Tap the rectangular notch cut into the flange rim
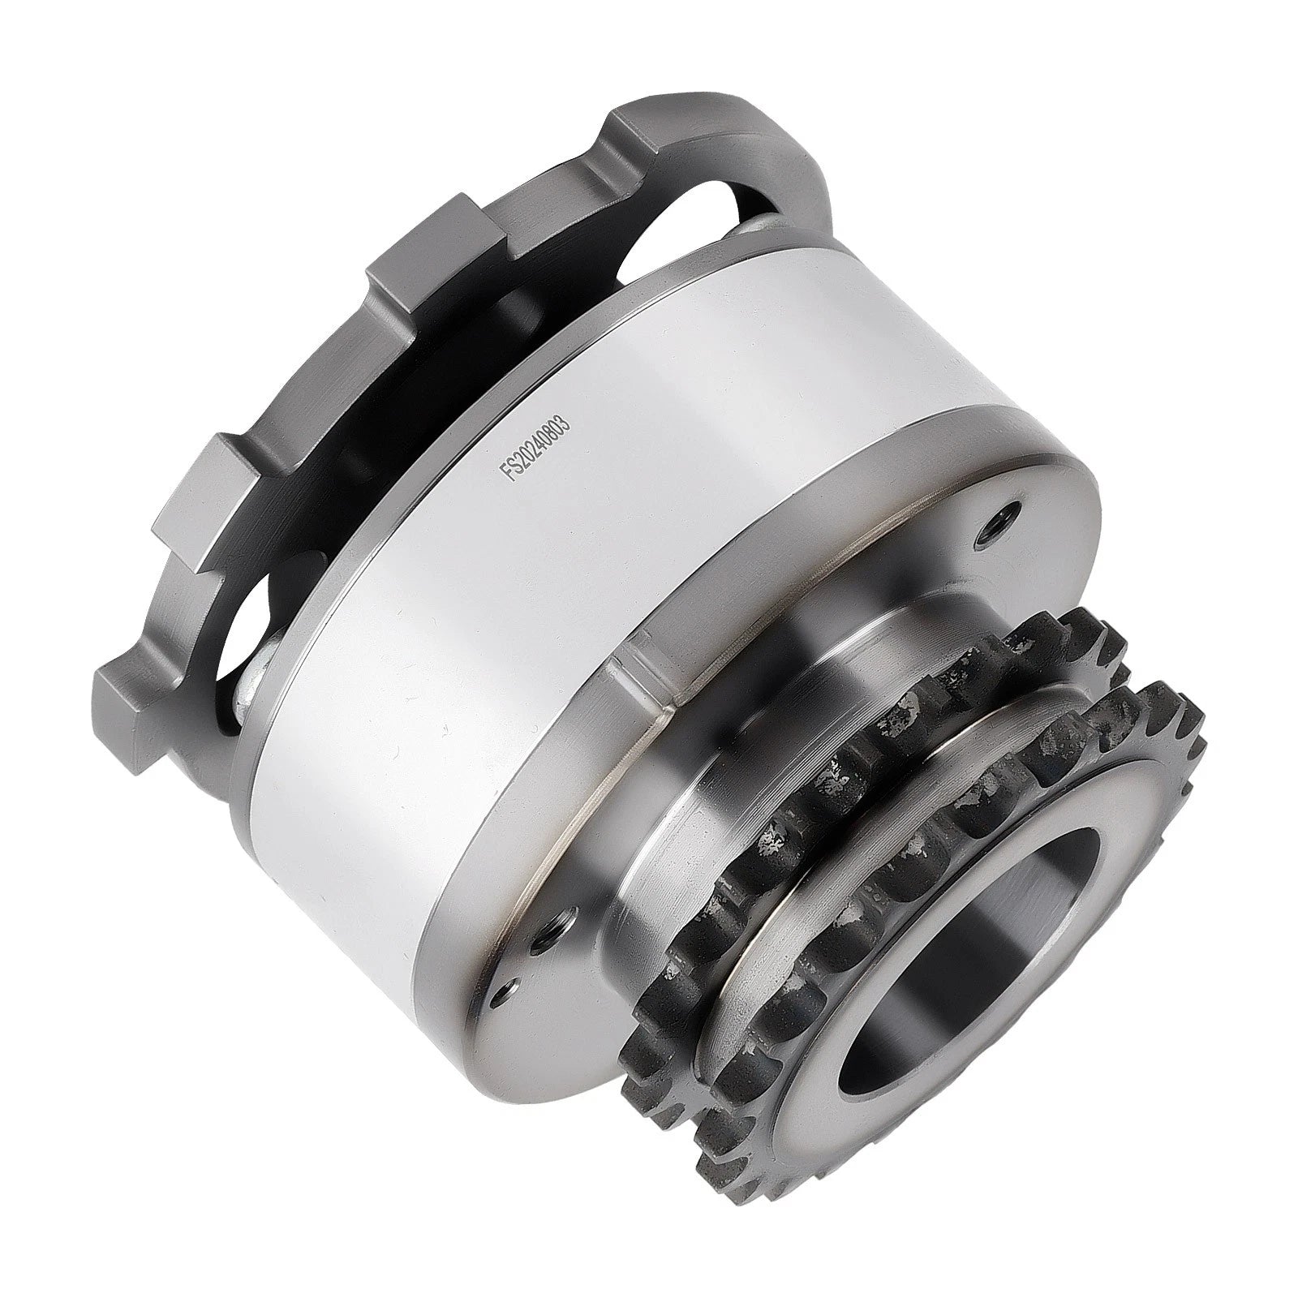click(641, 681)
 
